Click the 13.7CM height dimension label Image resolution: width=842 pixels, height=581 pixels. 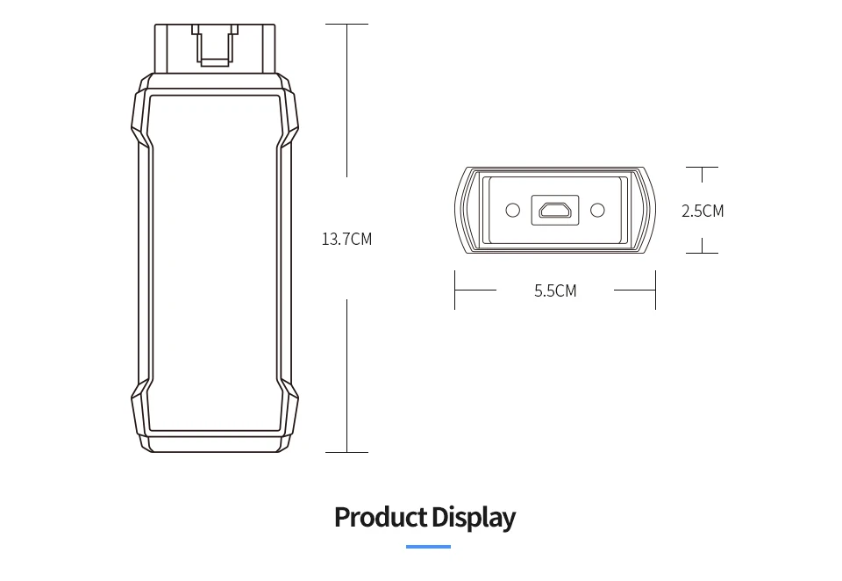click(346, 239)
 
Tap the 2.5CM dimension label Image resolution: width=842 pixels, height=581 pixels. click(703, 211)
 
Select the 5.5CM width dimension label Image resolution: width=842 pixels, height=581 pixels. click(555, 290)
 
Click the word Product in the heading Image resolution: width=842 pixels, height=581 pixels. click(381, 517)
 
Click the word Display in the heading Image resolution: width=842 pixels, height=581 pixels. click(473, 518)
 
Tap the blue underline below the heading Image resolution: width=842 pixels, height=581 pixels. click(428, 547)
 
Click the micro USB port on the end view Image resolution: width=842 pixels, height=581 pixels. click(555, 210)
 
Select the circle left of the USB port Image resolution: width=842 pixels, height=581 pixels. click(513, 210)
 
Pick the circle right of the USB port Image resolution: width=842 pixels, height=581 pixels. click(597, 210)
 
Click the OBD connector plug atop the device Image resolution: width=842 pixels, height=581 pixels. click(215, 48)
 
